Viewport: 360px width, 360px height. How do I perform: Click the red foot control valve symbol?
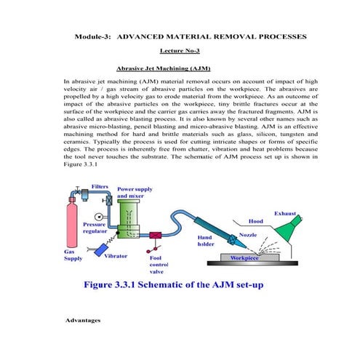(x=156, y=236)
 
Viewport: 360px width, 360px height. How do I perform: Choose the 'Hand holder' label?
(x=209, y=241)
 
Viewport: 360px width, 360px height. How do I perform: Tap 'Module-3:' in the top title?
(x=92, y=36)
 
